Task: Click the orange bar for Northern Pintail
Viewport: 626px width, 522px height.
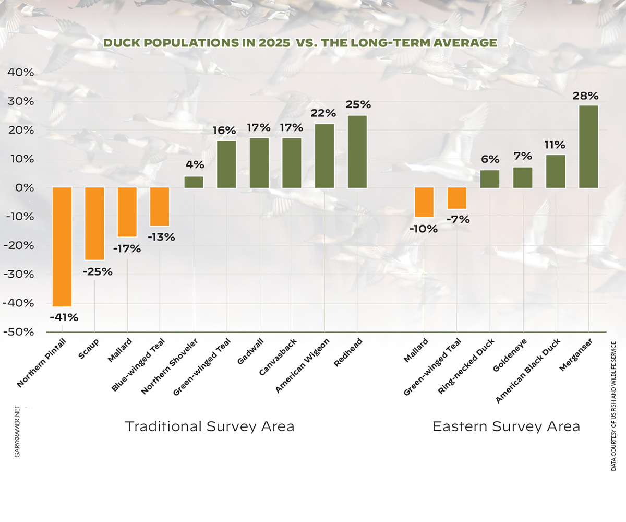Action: coord(62,246)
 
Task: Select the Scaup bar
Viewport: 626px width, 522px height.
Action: coord(94,223)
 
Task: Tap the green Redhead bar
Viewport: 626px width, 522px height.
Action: coord(357,151)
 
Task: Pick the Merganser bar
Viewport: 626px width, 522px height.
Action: coord(588,147)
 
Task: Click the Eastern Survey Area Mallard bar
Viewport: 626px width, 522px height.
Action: coord(424,202)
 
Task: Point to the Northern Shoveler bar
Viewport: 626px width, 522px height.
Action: coord(194,182)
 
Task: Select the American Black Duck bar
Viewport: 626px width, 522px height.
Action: coord(556,171)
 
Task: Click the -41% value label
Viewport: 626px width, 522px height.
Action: coord(64,317)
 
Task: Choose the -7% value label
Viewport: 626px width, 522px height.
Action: coord(457,220)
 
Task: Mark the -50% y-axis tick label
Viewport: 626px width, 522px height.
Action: coord(19,332)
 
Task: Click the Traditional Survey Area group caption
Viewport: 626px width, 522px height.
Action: coord(210,426)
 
